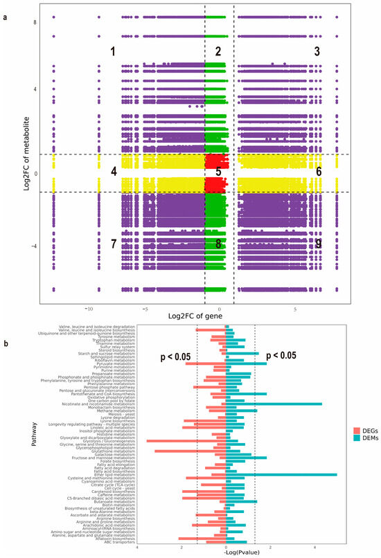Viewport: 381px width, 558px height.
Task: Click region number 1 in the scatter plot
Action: coord(113,51)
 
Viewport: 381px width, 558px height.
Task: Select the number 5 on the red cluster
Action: coord(218,171)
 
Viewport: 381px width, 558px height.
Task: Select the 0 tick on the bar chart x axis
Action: coord(226,546)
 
